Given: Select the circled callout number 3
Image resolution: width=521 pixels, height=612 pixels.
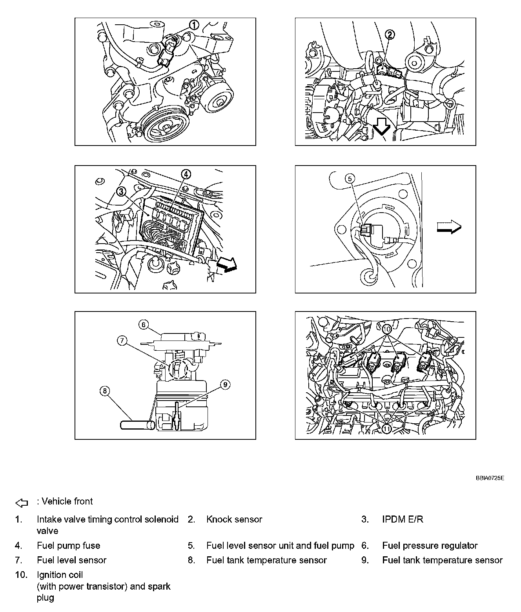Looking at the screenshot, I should pyautogui.click(x=122, y=191).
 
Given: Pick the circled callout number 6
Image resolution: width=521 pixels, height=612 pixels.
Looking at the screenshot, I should pyautogui.click(x=144, y=324).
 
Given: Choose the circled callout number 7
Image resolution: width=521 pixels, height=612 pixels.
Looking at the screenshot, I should pyautogui.click(x=122, y=341).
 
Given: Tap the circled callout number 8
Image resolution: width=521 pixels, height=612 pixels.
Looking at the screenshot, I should pyautogui.click(x=105, y=391).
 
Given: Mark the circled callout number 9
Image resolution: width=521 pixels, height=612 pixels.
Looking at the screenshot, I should pyautogui.click(x=225, y=385).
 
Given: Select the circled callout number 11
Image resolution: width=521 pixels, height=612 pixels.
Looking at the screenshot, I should pyautogui.click(x=387, y=429).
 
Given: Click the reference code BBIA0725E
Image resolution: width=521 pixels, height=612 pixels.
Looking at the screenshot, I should pyautogui.click(x=490, y=478).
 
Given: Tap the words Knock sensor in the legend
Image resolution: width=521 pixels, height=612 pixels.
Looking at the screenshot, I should pyautogui.click(x=234, y=519).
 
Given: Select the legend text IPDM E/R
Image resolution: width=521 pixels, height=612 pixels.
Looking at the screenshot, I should pyautogui.click(x=403, y=519).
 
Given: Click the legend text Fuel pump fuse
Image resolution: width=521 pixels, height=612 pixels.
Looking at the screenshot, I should pyautogui.click(x=69, y=546).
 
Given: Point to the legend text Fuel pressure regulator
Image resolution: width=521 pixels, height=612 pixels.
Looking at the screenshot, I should pyautogui.click(x=430, y=546).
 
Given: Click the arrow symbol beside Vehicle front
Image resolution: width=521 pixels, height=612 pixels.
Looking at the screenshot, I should pyautogui.click(x=22, y=503).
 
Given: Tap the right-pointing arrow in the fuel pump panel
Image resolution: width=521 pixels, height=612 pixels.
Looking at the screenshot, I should pyautogui.click(x=449, y=226).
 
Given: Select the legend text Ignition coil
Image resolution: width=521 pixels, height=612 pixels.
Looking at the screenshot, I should pyautogui.click(x=60, y=575).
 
